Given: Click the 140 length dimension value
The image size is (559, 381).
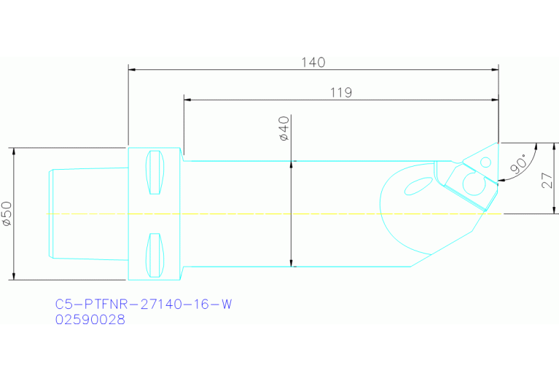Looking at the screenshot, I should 313,62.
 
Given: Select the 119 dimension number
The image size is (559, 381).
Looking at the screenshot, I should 340,93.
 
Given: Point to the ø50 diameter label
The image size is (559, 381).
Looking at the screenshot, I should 7,213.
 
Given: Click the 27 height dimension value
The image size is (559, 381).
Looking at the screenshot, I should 548,178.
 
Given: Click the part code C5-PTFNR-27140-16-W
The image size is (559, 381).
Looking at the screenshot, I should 144,305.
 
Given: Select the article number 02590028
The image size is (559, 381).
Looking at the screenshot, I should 90,319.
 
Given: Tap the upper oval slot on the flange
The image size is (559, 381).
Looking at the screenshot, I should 154,173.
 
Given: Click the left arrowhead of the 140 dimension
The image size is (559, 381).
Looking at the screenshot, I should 132,70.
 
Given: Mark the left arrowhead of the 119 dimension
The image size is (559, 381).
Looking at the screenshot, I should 187,100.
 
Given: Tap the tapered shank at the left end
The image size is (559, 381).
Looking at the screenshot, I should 87,213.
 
